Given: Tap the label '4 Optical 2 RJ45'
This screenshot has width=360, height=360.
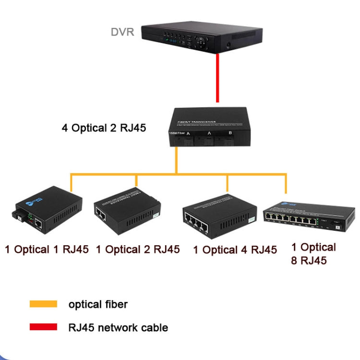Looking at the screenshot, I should point(104,128).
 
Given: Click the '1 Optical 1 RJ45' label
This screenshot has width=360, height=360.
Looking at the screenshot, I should point(47,250).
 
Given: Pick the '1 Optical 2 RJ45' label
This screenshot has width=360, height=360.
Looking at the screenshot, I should point(138,250).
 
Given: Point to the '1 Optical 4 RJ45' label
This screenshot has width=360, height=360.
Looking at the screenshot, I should point(235,250).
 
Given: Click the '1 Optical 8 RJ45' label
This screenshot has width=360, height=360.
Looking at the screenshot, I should point(314,254).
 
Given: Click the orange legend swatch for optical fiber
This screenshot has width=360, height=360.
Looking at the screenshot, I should point(43,304).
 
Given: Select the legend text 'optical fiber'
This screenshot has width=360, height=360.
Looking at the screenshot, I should point(98,304).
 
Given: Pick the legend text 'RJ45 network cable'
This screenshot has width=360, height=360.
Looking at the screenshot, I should point(118,328).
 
